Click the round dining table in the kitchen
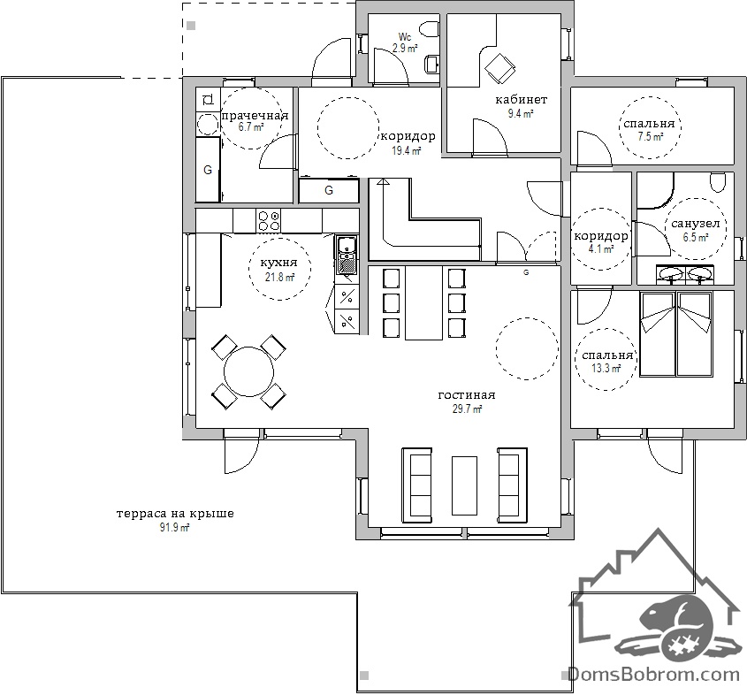(x=248, y=371)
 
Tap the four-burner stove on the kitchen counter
(x=269, y=220)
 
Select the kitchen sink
(x=347, y=256)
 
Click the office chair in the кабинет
(x=499, y=67)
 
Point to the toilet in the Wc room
(x=431, y=29)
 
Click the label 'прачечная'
(x=255, y=116)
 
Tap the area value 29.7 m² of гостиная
(x=467, y=409)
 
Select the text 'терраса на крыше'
(x=175, y=514)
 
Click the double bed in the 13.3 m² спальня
(x=676, y=334)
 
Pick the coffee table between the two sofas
(x=464, y=485)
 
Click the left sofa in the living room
(x=417, y=485)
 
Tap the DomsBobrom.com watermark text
(x=653, y=674)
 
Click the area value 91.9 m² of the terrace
(x=175, y=527)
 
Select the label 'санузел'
(x=695, y=224)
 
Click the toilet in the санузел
(x=718, y=181)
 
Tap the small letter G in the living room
(x=526, y=272)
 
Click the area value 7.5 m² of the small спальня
(x=651, y=137)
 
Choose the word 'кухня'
(x=278, y=263)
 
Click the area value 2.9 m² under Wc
(x=405, y=48)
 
